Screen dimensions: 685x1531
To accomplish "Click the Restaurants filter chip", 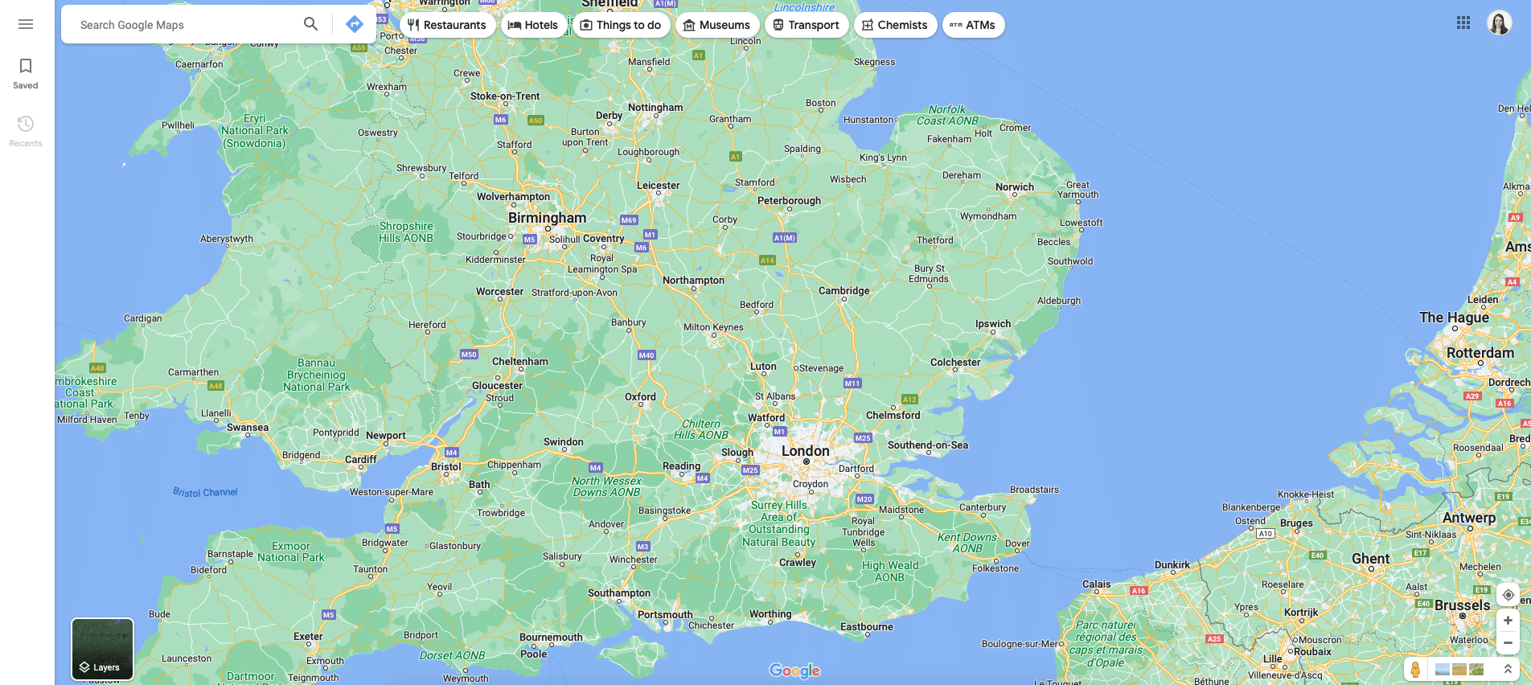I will pyautogui.click(x=447, y=25).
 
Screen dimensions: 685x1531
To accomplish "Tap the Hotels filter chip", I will pyautogui.click(x=533, y=25).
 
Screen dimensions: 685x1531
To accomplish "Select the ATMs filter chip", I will pyautogui.click(x=973, y=25).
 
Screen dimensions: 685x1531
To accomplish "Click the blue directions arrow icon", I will pyautogui.click(x=355, y=24).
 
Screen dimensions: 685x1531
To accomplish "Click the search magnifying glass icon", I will pyautogui.click(x=310, y=24).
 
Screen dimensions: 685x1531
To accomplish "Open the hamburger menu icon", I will pyautogui.click(x=26, y=24).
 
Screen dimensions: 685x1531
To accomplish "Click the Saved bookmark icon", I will pyautogui.click(x=26, y=66).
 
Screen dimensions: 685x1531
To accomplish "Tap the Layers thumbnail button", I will pyautogui.click(x=102, y=649).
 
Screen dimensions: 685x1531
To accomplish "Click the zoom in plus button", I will pyautogui.click(x=1508, y=620).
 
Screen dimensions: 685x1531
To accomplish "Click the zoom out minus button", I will pyautogui.click(x=1508, y=643).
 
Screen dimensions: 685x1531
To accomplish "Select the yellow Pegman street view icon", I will pyautogui.click(x=1415, y=669).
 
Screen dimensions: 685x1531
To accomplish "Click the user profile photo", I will pyautogui.click(x=1499, y=23).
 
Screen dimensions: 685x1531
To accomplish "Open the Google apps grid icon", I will pyautogui.click(x=1463, y=23).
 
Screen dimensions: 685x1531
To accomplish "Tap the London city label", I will pyautogui.click(x=805, y=451).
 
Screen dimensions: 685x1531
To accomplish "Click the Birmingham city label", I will pyautogui.click(x=547, y=218).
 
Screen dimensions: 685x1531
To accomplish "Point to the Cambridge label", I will pyautogui.click(x=843, y=291).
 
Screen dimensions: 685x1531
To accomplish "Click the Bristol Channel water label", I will pyautogui.click(x=205, y=492).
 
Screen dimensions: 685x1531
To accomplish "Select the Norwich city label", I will pyautogui.click(x=1014, y=187).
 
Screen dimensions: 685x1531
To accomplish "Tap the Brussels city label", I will pyautogui.click(x=1462, y=605).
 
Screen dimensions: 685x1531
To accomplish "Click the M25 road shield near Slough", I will pyautogui.click(x=750, y=470).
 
